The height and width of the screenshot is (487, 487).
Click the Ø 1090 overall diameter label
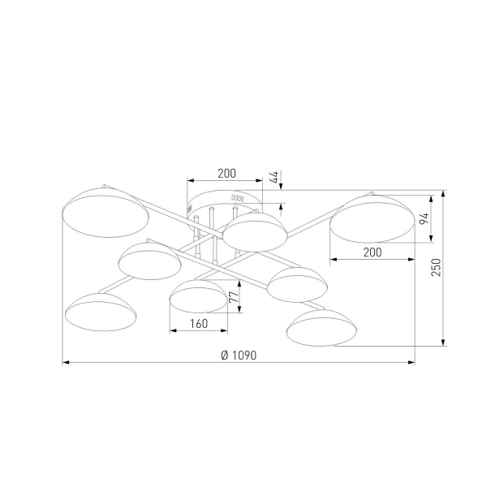[239, 355]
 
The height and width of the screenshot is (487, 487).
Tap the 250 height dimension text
[436, 267]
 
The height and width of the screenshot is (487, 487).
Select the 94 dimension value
[424, 218]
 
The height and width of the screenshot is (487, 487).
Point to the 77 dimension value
[234, 297]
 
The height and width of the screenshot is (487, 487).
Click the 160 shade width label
[199, 324]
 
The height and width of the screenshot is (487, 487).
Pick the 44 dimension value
[274, 177]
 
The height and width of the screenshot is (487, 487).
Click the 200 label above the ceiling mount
[226, 174]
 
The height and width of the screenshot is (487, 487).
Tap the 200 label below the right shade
[373, 252]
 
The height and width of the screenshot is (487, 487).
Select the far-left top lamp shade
[106, 212]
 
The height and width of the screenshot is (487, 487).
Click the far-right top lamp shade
[372, 218]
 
